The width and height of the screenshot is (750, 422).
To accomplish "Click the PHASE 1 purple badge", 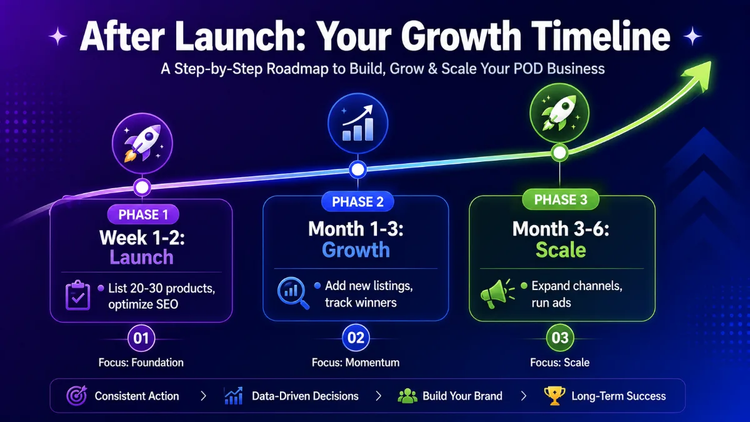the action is coord(143,214).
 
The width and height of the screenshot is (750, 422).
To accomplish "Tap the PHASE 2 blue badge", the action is coord(357,201).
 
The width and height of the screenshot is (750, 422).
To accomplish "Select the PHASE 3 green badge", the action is coord(561,199).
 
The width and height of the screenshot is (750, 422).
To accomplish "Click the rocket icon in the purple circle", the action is coord(142,143).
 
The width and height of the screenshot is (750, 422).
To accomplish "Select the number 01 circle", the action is coord(141,338).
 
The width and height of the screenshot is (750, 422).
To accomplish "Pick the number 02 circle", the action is coord(356,338).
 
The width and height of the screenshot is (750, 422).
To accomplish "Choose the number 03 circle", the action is coord(560,338).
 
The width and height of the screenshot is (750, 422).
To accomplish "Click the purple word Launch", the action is coord(142,257).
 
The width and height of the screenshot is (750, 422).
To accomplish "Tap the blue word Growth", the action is coord(356,250).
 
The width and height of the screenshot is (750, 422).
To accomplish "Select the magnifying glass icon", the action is coord(293,293).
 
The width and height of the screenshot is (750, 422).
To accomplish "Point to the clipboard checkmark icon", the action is coord(77,295).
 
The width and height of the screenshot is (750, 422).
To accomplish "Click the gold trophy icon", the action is coord(554,396).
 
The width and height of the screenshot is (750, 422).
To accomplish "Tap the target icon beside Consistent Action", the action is coord(77,396).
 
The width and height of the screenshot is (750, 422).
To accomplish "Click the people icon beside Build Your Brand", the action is coord(407,396).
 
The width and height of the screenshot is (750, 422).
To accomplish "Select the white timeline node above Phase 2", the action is coord(357,170).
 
